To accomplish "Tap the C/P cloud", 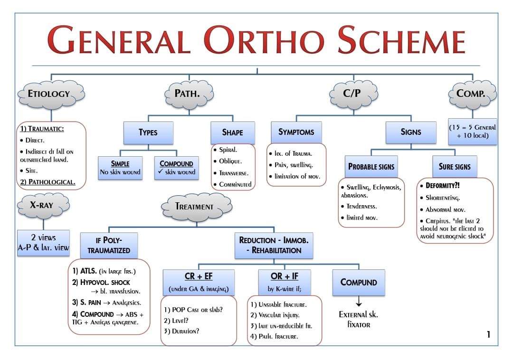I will pos(352,94).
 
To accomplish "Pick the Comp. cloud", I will pos(473,94).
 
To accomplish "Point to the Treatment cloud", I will pos(194,207).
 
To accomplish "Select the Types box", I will pos(148,133).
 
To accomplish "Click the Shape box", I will pos(232,133).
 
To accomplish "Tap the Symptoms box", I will pos(296,132).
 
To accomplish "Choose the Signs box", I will pos(410,132).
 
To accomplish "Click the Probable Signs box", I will pos(371,167).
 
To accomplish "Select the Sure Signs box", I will pos(455,167).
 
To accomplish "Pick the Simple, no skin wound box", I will pos(120,168).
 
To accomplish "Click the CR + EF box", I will pos(198,282).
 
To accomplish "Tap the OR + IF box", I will pos(284,282).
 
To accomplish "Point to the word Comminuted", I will pos(235,184).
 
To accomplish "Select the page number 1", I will pos(488,335).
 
